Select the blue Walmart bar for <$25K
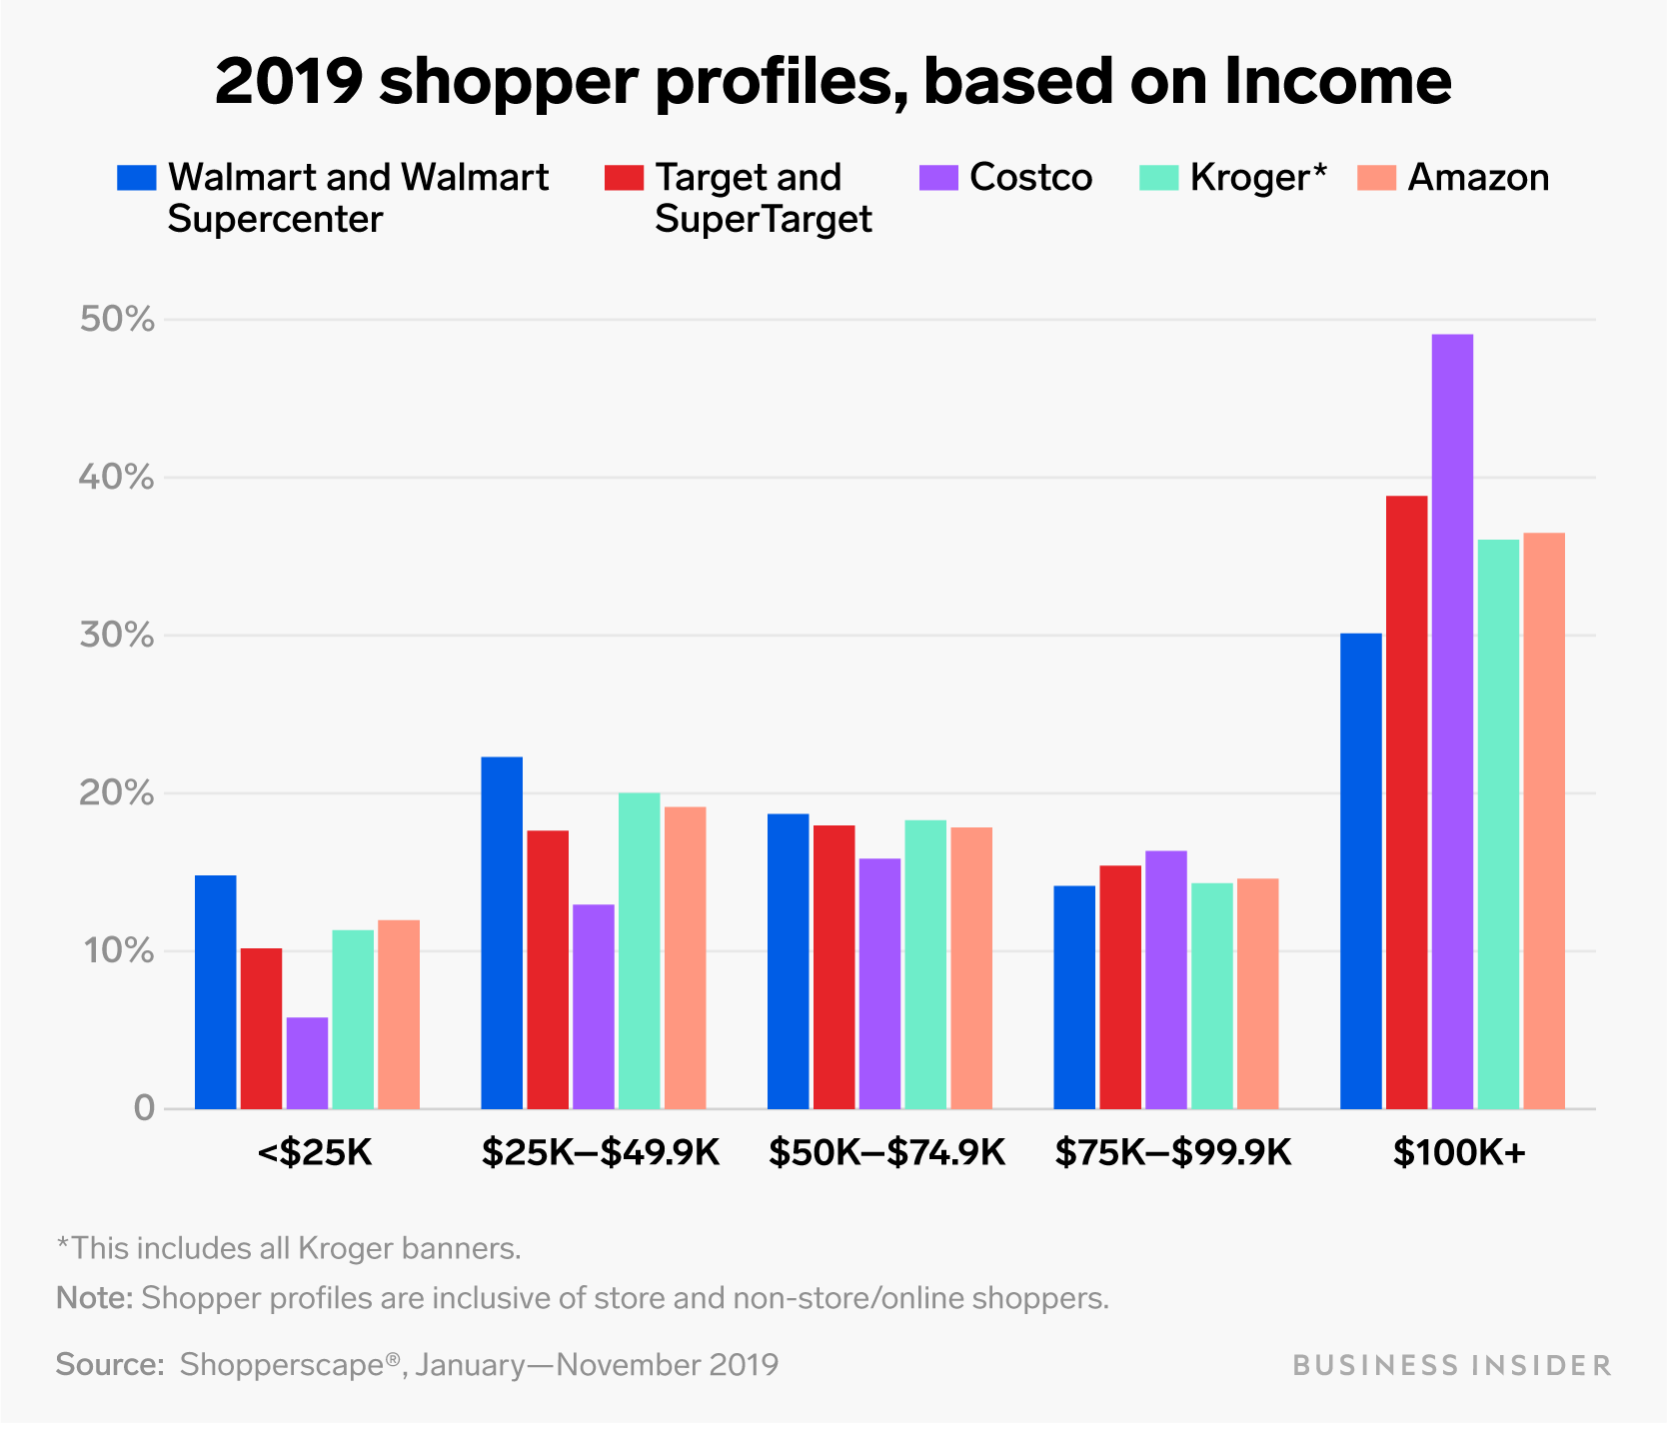[x=215, y=991]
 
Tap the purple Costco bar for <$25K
[x=307, y=1062]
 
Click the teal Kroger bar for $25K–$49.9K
[x=639, y=949]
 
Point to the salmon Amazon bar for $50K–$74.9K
[x=971, y=967]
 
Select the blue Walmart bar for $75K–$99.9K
[x=1074, y=996]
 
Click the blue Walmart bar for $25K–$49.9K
[x=502, y=932]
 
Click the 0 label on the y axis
[x=143, y=1108]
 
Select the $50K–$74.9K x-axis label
[x=886, y=1153]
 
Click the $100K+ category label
[x=1459, y=1153]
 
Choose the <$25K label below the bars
[x=314, y=1153]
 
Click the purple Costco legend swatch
[x=937, y=178]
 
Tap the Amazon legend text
[x=1478, y=178]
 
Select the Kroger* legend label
[x=1257, y=178]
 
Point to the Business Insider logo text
[x=1451, y=1365]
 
